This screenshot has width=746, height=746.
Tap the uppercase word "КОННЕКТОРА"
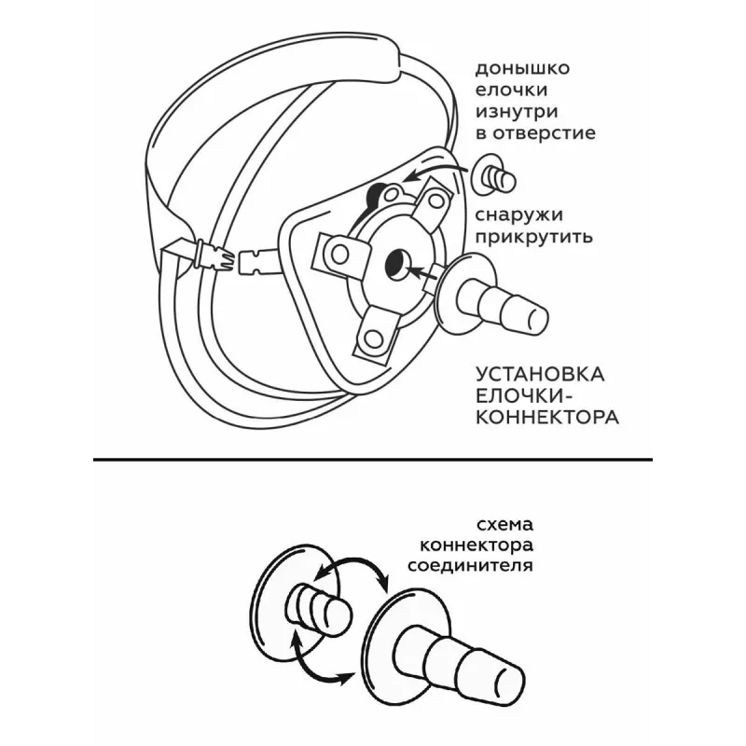click(546, 417)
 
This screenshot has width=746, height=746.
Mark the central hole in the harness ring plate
click(394, 264)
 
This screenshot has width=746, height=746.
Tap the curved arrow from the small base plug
click(434, 173)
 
